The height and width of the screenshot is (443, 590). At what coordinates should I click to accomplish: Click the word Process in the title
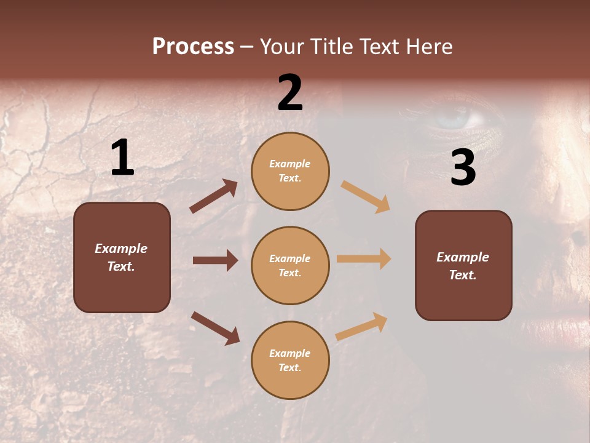[x=193, y=47]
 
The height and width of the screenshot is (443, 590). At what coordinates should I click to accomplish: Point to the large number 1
[x=122, y=158]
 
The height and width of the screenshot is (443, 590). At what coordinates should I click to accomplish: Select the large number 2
[x=290, y=93]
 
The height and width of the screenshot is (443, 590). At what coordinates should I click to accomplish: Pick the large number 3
[x=463, y=167]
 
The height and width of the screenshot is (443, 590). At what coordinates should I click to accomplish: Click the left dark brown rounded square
[x=122, y=257]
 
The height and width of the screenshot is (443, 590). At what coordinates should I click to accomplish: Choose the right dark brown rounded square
[x=463, y=266]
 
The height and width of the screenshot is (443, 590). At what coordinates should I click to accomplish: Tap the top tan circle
[x=290, y=171]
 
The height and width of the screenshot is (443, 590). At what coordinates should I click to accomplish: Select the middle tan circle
[x=290, y=265]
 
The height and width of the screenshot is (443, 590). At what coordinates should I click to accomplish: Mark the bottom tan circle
[x=290, y=360]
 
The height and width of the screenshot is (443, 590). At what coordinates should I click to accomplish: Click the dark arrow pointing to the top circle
[x=214, y=196]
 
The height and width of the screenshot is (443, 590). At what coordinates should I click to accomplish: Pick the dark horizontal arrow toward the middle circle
[x=215, y=260]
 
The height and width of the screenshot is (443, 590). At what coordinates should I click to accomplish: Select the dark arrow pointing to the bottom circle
[x=215, y=328]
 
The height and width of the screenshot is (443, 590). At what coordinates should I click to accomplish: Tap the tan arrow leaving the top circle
[x=366, y=197]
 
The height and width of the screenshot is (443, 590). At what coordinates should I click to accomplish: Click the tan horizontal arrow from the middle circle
[x=364, y=259]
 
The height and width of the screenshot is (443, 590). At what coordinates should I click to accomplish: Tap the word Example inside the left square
[x=121, y=249]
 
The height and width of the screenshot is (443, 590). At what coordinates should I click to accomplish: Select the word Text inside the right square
[x=463, y=275]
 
